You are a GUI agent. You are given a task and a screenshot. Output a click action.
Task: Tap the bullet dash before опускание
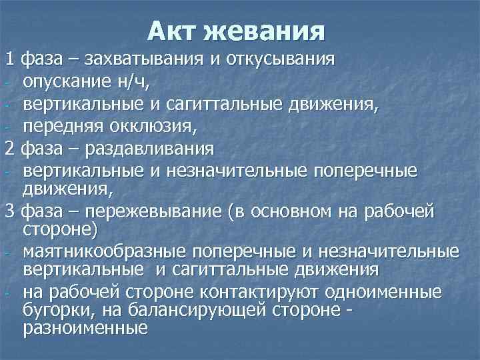5,84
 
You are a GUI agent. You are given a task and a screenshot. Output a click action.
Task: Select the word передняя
60,125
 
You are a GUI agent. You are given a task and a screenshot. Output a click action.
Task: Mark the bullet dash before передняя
5,127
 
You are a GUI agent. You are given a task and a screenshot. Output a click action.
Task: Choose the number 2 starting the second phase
9,147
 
